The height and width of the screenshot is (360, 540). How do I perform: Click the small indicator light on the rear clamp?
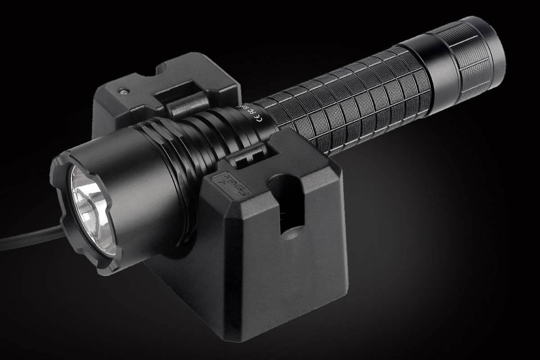tap(122, 91)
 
